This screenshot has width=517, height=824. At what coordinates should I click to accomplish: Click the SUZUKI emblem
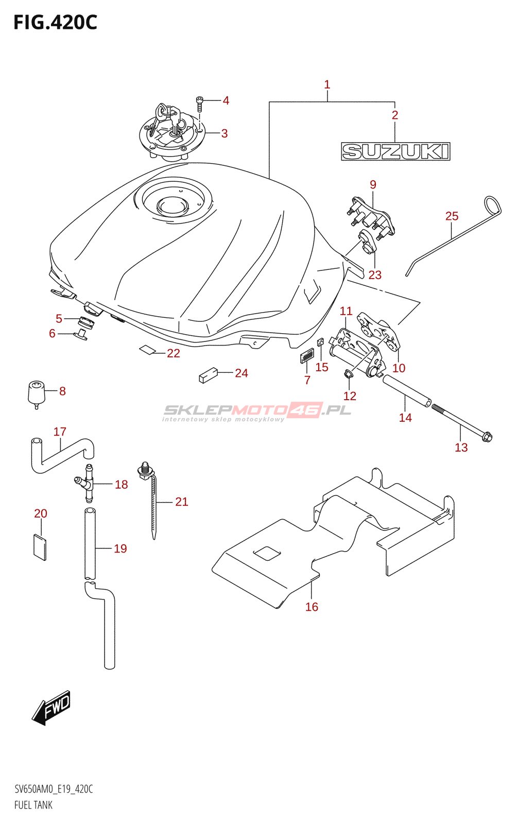395,151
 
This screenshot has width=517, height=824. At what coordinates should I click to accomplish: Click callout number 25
452,216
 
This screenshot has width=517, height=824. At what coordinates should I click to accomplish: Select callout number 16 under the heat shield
312,607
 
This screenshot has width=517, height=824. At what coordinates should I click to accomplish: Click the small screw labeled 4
200,104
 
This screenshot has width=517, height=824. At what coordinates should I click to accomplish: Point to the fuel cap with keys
171,133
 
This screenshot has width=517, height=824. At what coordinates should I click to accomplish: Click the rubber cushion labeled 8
36,393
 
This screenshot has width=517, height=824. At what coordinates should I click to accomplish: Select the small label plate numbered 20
40,547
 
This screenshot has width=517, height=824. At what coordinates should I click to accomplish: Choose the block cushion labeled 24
208,375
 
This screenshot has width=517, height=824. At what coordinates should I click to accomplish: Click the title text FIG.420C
55,23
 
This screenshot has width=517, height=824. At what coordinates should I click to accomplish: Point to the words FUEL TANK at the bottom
33,805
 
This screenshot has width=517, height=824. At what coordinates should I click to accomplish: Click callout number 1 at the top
327,84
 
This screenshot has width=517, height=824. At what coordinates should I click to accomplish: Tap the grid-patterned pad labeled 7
307,355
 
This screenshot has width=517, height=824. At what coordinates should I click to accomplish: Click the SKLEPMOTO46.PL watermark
257,410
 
